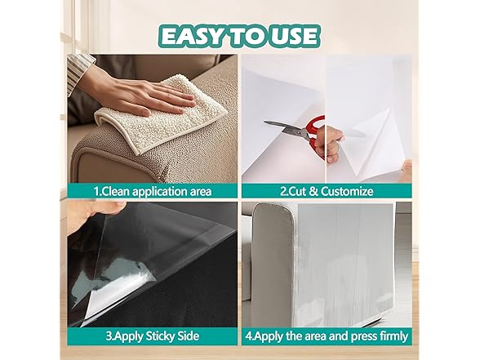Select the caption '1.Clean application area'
(x=152, y=191)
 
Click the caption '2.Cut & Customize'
(x=327, y=191)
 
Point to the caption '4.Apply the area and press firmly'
(x=326, y=334)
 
